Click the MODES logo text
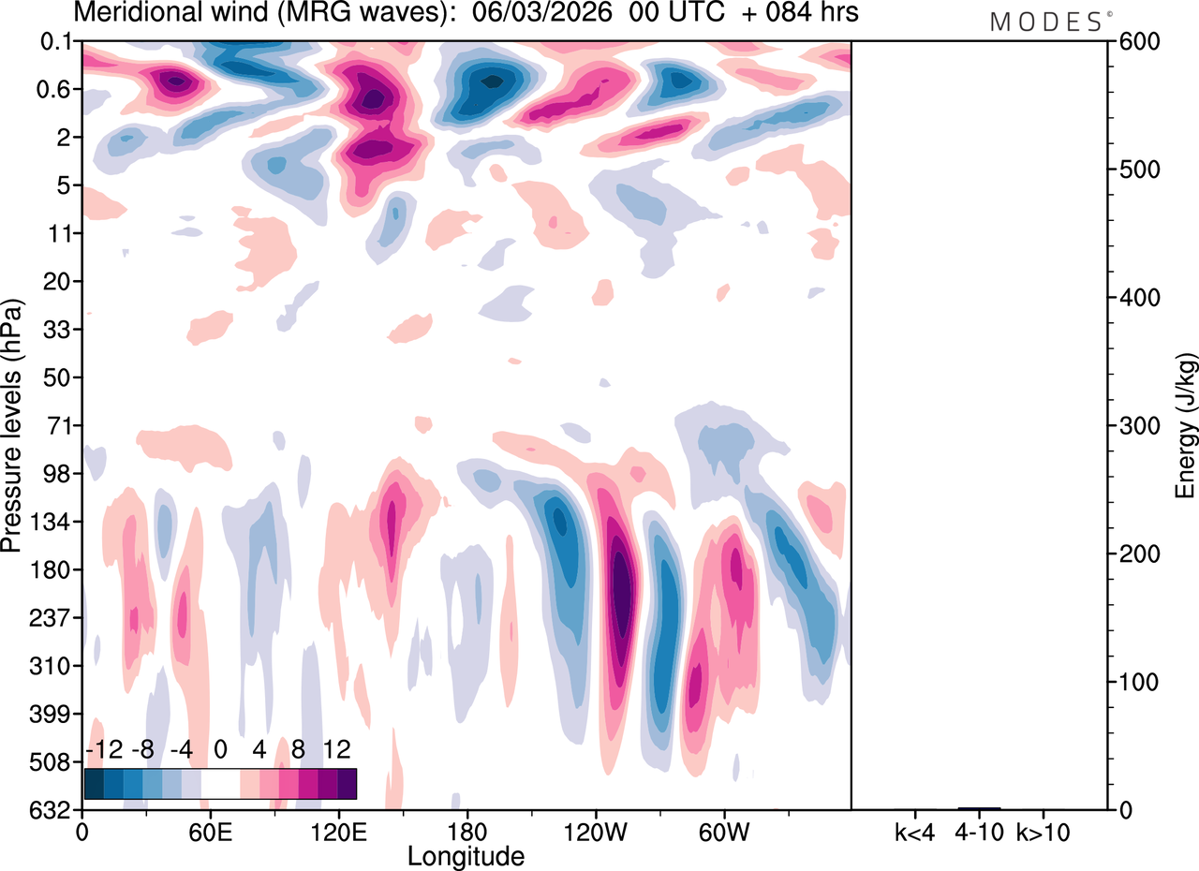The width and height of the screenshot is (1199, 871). click(1045, 22)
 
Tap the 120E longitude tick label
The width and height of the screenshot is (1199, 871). click(339, 831)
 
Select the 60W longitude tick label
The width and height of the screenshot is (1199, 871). click(724, 831)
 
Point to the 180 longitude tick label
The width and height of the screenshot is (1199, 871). click(467, 831)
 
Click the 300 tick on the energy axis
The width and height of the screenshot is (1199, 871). click(1134, 426)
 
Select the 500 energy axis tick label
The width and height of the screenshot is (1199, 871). click(1134, 170)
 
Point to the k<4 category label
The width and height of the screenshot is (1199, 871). click(915, 832)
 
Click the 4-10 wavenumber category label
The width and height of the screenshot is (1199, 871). click(979, 832)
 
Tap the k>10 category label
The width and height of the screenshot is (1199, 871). click(1044, 832)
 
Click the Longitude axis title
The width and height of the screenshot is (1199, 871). click(466, 855)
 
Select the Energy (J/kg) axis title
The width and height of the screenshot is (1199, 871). click(1186, 426)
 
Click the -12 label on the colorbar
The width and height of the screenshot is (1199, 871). click(104, 749)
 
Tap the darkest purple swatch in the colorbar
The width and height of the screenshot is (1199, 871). click(347, 783)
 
